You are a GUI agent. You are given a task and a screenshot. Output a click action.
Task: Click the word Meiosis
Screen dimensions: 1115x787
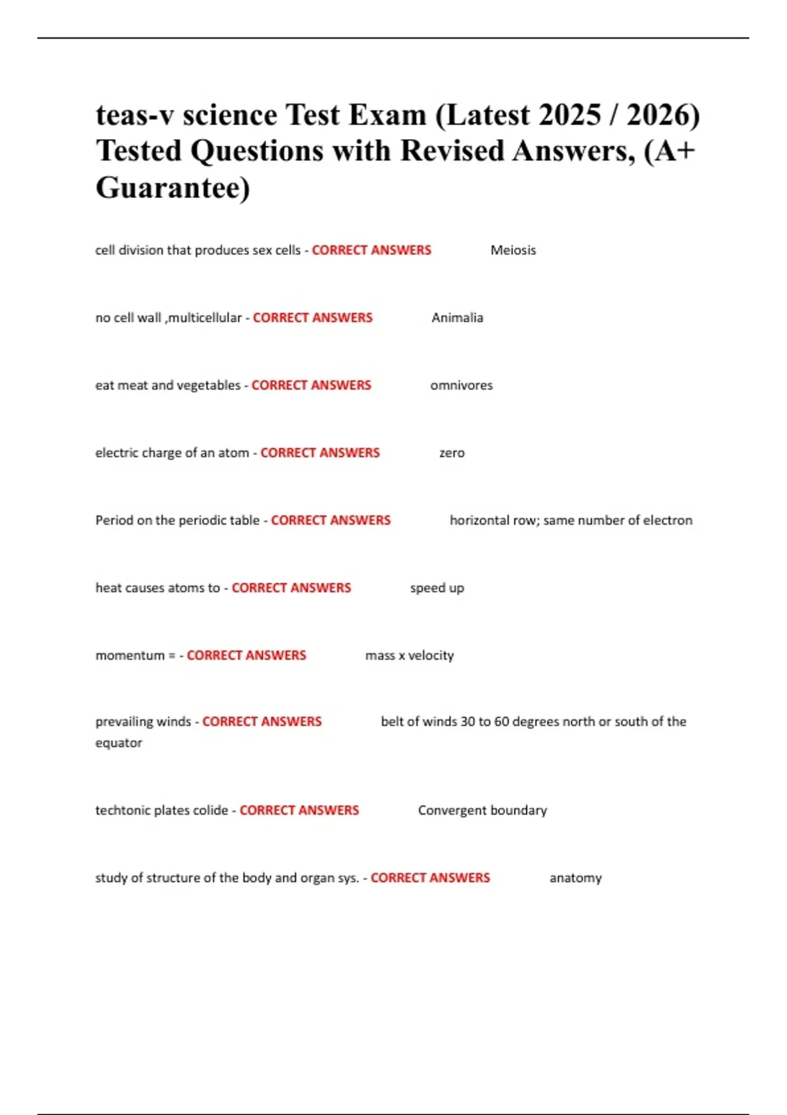click(x=513, y=250)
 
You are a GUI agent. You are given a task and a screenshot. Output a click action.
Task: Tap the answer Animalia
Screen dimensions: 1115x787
click(x=457, y=317)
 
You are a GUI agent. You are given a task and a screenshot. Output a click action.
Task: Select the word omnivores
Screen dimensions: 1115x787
click(x=461, y=385)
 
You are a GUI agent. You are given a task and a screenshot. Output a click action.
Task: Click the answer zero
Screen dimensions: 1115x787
click(x=452, y=453)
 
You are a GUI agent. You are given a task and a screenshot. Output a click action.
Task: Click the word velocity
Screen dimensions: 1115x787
click(x=431, y=655)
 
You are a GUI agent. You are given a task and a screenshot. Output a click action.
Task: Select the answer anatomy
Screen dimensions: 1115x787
click(x=575, y=878)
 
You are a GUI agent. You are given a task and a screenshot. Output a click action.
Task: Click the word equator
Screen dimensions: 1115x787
click(x=119, y=742)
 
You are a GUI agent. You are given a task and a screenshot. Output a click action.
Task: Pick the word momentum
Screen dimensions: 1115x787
click(x=130, y=655)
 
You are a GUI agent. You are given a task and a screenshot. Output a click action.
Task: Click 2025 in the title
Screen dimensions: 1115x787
click(x=570, y=115)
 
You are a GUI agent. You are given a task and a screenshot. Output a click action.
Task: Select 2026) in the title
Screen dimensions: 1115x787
click(x=663, y=115)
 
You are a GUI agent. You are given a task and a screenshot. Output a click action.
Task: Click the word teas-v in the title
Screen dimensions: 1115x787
click(x=134, y=115)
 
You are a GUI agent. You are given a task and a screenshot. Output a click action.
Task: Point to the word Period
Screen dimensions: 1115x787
click(x=114, y=520)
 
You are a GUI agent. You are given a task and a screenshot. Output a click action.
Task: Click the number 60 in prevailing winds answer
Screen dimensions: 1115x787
click(x=501, y=721)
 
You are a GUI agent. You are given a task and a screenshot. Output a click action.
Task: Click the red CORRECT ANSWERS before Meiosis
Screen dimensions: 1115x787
click(x=371, y=250)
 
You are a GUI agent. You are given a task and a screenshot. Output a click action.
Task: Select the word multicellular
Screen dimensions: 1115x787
click(x=205, y=317)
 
